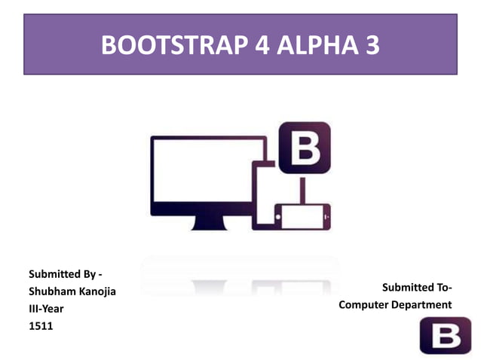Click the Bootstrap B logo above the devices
coord(305,148)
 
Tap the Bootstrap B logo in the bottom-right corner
coord(445,334)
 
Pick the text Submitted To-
coord(416,287)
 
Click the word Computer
coord(364,304)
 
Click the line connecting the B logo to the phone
coord(305,188)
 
